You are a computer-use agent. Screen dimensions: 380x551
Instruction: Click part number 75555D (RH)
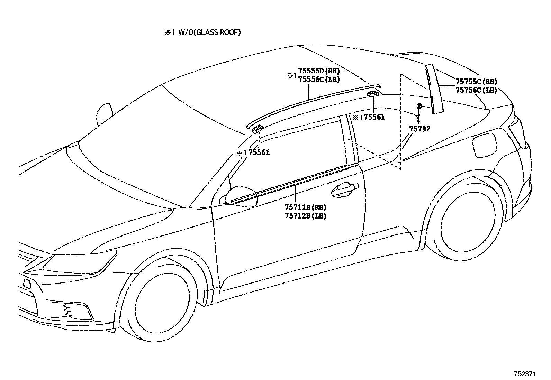click(x=318, y=71)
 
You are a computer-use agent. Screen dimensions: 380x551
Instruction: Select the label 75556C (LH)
click(x=318, y=79)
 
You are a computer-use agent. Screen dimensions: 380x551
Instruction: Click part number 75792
click(x=420, y=129)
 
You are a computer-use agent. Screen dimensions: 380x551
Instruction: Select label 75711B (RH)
click(x=305, y=207)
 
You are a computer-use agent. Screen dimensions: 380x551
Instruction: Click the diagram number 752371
click(x=525, y=374)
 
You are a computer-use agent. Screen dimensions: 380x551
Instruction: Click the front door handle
click(x=344, y=188)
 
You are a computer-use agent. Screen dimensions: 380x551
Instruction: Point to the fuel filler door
click(x=485, y=145)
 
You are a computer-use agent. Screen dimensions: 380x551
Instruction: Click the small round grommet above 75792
click(x=419, y=106)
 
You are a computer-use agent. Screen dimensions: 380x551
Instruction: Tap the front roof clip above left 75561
click(x=257, y=129)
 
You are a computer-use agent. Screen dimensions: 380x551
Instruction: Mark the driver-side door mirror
click(x=241, y=196)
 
